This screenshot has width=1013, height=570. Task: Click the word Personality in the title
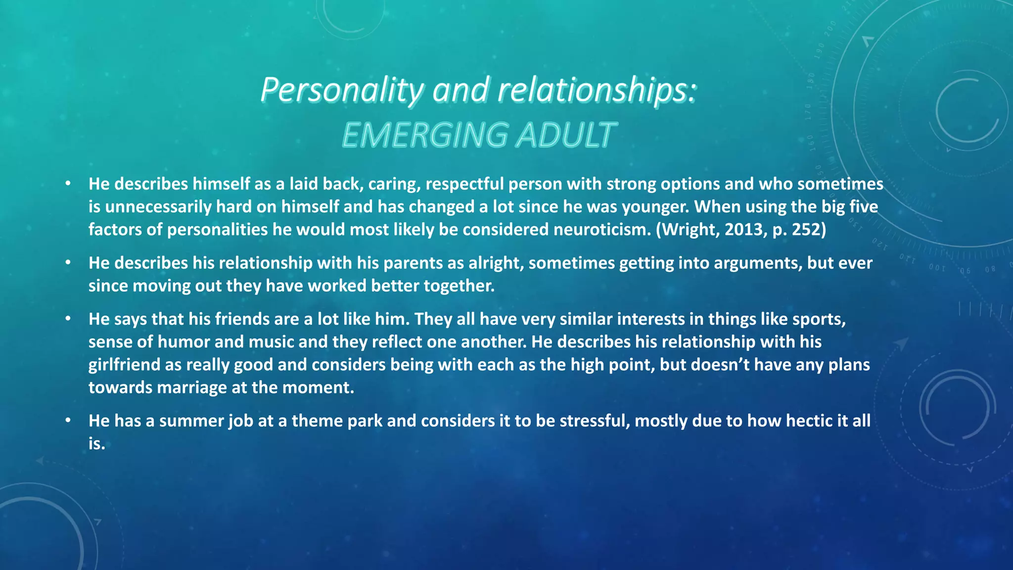[x=341, y=91]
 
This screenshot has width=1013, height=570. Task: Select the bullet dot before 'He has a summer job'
[x=68, y=421]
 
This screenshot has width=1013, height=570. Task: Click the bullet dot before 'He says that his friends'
[x=68, y=319]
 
